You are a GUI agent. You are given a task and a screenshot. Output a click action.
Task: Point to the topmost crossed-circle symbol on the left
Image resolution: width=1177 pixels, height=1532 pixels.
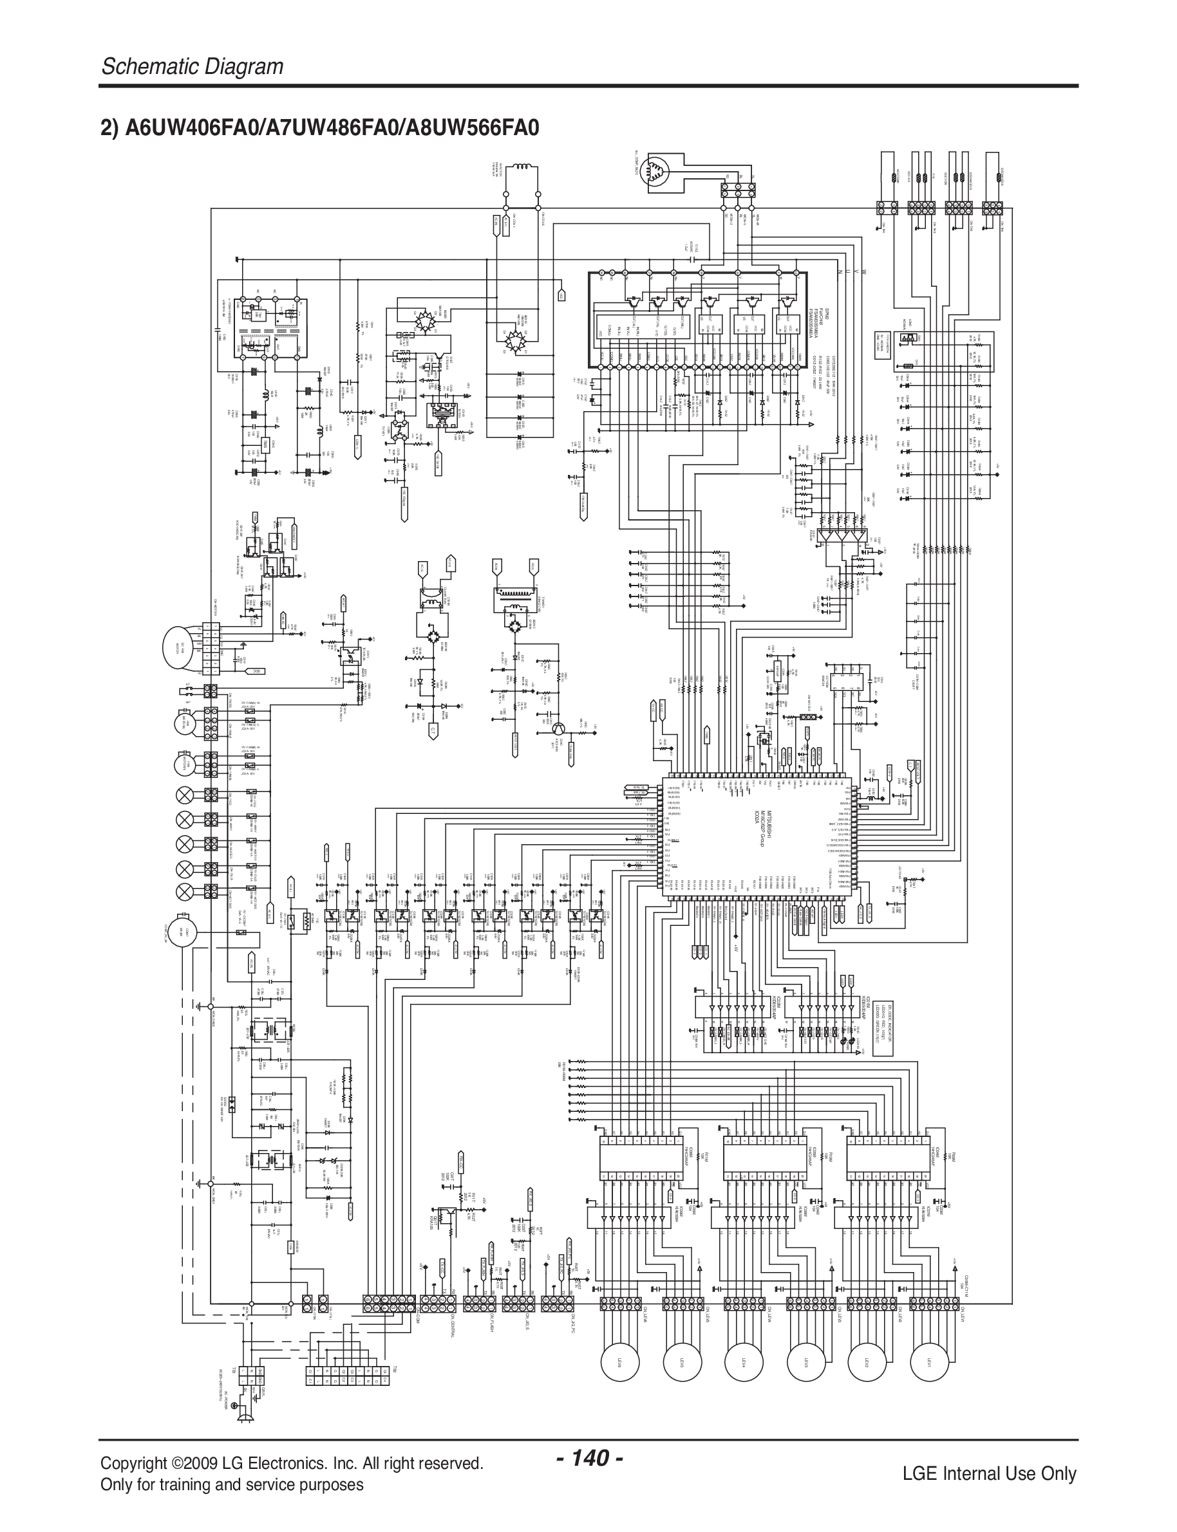[185, 795]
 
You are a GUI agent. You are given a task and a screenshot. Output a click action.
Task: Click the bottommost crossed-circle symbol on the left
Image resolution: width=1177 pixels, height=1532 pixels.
[185, 891]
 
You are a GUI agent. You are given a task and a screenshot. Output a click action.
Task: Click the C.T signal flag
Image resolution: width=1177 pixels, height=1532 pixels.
[433, 731]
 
